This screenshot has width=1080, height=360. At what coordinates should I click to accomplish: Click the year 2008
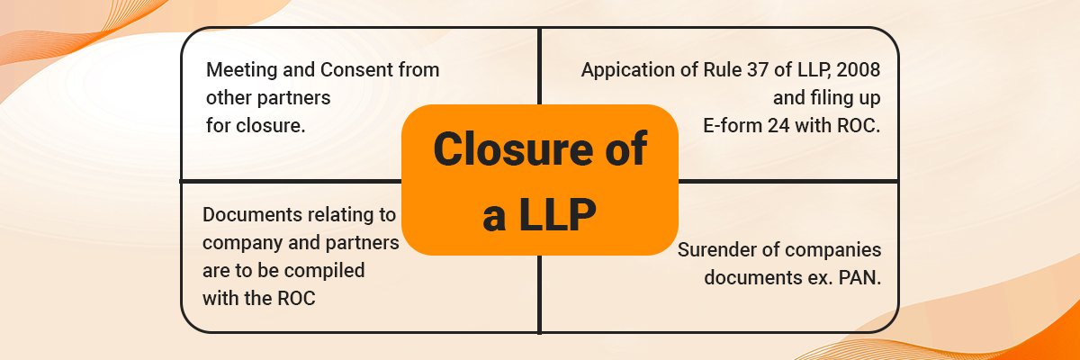click(859, 70)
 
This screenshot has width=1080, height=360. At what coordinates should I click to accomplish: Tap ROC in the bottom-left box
click(296, 299)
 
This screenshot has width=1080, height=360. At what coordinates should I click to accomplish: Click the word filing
click(824, 98)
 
